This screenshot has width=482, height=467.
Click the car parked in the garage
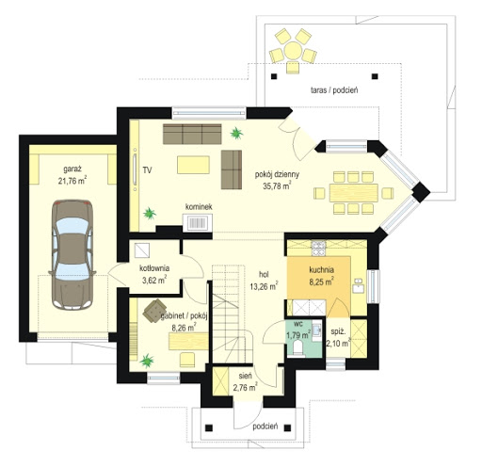pyautogui.click(x=72, y=255)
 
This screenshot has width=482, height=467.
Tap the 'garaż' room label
pyautogui.click(x=72, y=169)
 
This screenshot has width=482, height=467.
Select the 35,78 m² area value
pyautogui.click(x=277, y=185)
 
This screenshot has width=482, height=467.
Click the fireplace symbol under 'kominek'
pyautogui.click(x=198, y=222)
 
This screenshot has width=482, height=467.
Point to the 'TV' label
pyautogui.click(x=147, y=170)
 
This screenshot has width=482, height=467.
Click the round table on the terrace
pyautogui.click(x=293, y=51)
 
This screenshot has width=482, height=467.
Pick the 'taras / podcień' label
pyautogui.click(x=334, y=90)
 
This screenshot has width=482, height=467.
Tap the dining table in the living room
pyautogui.click(x=353, y=193)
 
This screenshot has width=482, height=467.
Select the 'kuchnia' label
pyautogui.click(x=321, y=269)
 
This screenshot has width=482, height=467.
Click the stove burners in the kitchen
pyautogui.click(x=318, y=248)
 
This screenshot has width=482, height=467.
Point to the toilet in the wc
pyautogui.click(x=297, y=348)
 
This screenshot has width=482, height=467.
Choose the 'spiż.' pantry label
pyautogui.click(x=338, y=331)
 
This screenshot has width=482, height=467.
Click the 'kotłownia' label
pyautogui.click(x=154, y=268)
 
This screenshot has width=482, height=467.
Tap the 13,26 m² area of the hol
pyautogui.click(x=264, y=286)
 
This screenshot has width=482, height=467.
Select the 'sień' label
pyautogui.click(x=245, y=376)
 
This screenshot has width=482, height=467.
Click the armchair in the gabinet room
pyautogui.click(x=154, y=311)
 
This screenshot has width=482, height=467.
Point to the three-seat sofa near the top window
pyautogui.click(x=192, y=134)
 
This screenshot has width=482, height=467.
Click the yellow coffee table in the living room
pyautogui.click(x=193, y=165)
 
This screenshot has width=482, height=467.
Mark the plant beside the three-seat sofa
pyautogui.click(x=236, y=134)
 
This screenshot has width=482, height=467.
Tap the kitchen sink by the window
pyautogui.click(x=358, y=285)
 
